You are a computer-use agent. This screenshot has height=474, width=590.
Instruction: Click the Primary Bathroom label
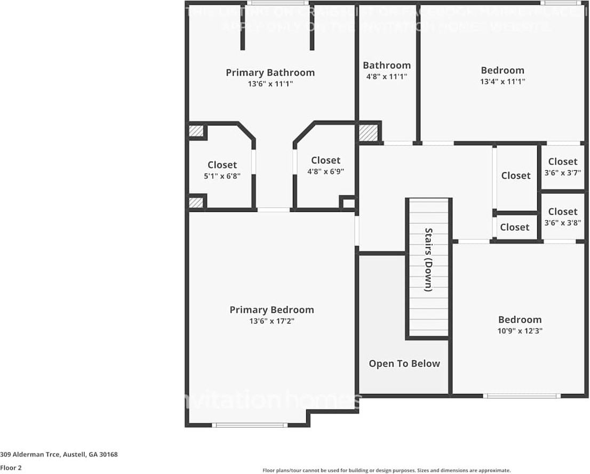[x=270, y=73]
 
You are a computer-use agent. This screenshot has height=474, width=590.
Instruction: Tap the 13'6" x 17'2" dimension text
[x=271, y=321]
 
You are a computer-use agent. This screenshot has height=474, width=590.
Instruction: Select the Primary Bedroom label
[x=272, y=310]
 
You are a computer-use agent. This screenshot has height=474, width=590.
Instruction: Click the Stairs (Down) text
[x=428, y=259]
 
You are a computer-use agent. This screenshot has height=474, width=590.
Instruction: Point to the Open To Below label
[x=404, y=364]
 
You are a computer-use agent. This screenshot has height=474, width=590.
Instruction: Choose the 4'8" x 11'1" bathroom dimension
[x=386, y=76]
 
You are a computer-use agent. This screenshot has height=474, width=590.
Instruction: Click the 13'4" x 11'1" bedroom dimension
[x=503, y=82]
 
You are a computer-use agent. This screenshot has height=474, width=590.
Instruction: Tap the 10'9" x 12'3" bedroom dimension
[x=520, y=330]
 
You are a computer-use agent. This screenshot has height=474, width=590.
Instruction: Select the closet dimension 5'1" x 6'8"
[x=222, y=176]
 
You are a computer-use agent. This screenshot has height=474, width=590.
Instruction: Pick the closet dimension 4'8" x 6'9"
[x=325, y=171]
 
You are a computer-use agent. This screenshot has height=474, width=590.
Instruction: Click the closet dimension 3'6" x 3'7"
[x=562, y=172]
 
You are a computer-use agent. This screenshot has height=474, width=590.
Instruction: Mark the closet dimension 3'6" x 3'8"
[x=562, y=223]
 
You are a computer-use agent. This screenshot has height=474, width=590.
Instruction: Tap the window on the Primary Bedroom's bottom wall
[x=249, y=425]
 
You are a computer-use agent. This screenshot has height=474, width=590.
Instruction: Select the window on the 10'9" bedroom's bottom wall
[x=521, y=396]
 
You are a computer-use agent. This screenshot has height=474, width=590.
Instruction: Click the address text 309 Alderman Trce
[x=59, y=455]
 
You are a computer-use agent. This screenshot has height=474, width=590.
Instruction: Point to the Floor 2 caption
[x=11, y=468]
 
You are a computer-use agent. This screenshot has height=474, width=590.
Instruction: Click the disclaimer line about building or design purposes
[x=386, y=470]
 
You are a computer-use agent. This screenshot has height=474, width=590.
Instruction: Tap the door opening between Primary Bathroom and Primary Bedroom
[x=274, y=210]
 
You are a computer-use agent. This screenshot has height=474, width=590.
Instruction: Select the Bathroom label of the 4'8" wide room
[x=386, y=65]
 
